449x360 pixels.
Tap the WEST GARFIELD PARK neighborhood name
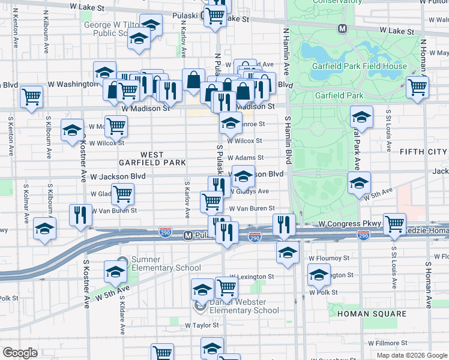click(x=152, y=158)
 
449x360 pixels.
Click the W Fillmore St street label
click(x=388, y=343)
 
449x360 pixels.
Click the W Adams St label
click(x=245, y=158)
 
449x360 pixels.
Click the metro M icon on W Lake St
click(x=342, y=28)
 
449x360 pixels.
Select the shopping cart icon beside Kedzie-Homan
click(x=394, y=224)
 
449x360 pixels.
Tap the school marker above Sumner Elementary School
click(x=115, y=271)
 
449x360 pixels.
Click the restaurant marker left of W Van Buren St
click(x=80, y=215)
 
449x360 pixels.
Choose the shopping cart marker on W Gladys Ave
click(x=122, y=194)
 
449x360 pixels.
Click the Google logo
click(x=20, y=353)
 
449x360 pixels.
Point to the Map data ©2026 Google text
click(x=411, y=355)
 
